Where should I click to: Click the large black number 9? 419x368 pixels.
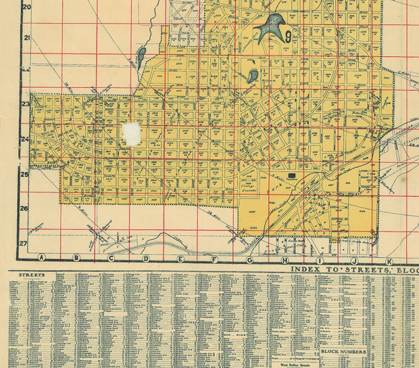289,36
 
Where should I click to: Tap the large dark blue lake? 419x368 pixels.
271,28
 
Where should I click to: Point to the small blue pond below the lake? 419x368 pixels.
252,75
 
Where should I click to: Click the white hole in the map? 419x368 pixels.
132,134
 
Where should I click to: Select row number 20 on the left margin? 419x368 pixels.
27,7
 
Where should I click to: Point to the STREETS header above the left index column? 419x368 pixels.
32,275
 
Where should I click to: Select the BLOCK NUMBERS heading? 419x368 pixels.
343,352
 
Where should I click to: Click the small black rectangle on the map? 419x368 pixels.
292,175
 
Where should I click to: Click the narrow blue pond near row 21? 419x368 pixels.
141,57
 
